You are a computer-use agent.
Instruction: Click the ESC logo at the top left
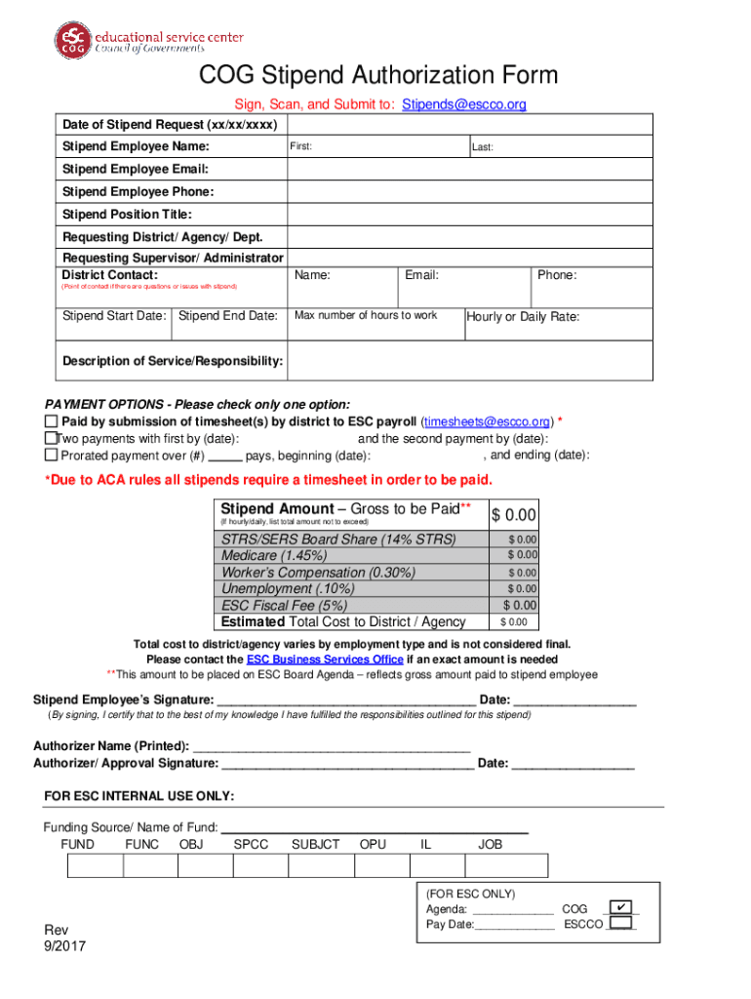[x=73, y=38]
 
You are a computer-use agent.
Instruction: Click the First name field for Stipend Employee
[x=376, y=147]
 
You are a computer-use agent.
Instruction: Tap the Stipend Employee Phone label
[x=138, y=192]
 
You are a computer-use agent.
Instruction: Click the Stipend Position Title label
[x=127, y=215]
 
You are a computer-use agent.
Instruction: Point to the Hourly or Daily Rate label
[x=523, y=317]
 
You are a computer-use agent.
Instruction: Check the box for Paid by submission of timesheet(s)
[x=52, y=421]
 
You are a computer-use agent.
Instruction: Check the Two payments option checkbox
[x=51, y=439]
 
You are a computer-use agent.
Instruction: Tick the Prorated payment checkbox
[x=52, y=456]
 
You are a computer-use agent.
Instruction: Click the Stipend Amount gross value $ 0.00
[x=514, y=515]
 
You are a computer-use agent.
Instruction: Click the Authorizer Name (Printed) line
[x=332, y=746]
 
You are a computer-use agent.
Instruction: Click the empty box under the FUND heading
[x=95, y=865]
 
